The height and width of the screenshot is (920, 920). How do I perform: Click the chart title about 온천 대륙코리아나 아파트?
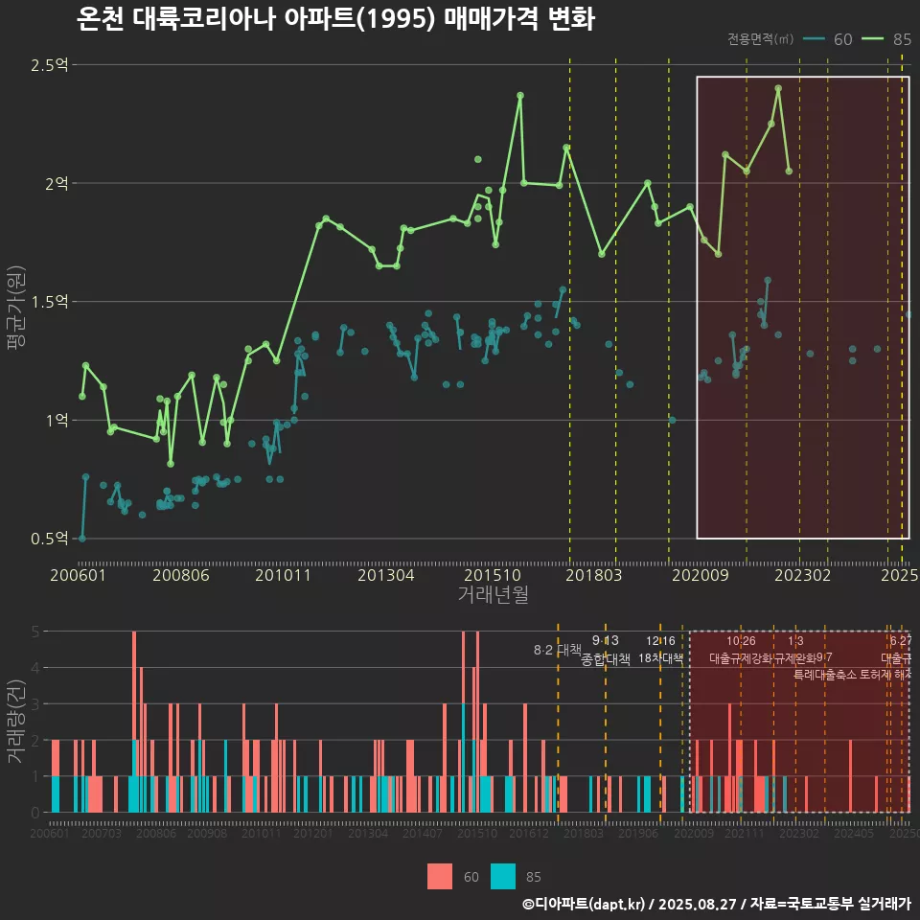pyautogui.click(x=335, y=20)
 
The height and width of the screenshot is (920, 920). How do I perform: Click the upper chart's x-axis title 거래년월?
pyautogui.click(x=493, y=595)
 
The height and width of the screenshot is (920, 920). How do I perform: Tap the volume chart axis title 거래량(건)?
pyautogui.click(x=16, y=722)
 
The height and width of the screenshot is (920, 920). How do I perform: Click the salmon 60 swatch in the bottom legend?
pyautogui.click(x=440, y=876)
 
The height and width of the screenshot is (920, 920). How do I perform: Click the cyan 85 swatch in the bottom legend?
pyautogui.click(x=503, y=876)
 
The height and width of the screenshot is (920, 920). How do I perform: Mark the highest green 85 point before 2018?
pyautogui.click(x=520, y=96)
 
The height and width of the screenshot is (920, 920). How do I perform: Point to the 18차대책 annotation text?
pyautogui.click(x=660, y=658)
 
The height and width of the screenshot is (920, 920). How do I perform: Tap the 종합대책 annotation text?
pyautogui.click(x=606, y=659)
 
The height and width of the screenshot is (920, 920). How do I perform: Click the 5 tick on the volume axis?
pyautogui.click(x=34, y=632)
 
